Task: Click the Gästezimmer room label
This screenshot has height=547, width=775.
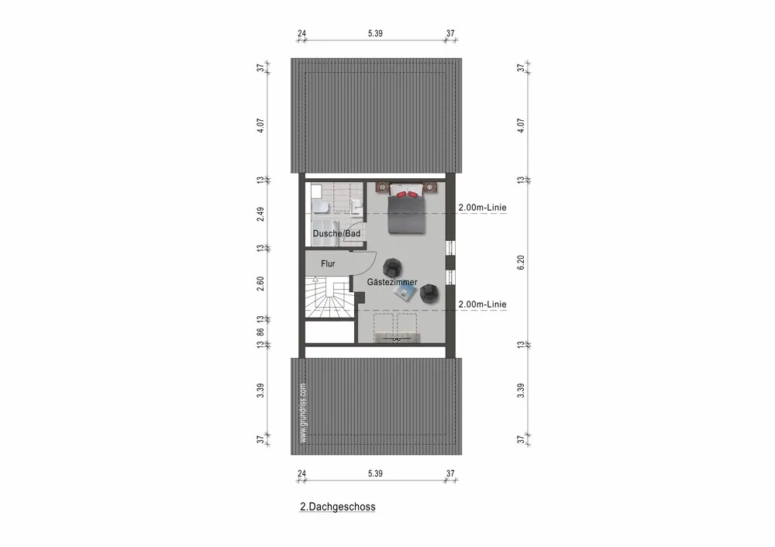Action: [392, 282]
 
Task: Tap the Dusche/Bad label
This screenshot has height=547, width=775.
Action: [336, 233]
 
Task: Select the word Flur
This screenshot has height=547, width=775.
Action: [327, 263]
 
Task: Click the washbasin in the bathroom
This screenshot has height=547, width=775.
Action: [356, 204]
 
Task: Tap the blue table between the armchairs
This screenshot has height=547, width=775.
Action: [408, 292]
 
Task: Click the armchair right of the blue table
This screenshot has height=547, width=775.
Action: [429, 292]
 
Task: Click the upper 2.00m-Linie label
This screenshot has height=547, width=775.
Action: [482, 208]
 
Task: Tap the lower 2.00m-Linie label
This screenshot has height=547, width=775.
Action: [482, 304]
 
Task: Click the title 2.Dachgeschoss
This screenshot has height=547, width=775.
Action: [338, 507]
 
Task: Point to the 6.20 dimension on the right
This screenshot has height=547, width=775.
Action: [521, 263]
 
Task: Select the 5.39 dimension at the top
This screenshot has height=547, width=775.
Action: [374, 34]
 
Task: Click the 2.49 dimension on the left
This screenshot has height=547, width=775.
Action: [261, 214]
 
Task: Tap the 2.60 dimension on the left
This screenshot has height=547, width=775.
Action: [261, 284]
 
